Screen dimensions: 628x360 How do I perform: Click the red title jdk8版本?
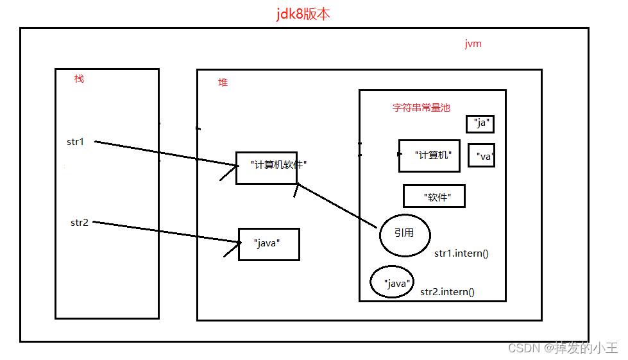pos(303,14)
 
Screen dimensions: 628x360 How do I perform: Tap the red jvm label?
pos(473,44)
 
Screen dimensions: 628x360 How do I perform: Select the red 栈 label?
pos(79,78)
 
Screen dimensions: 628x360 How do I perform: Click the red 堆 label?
pos(223,83)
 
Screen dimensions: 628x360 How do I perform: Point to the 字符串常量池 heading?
pos(421,107)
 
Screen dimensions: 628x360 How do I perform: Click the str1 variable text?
pos(75,142)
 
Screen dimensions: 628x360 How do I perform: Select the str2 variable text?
pos(80,222)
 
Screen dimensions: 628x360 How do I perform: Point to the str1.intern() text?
pos(461,253)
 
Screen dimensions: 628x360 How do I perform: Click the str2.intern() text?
pos(447,292)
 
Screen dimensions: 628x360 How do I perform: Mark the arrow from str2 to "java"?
pos(167,232)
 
